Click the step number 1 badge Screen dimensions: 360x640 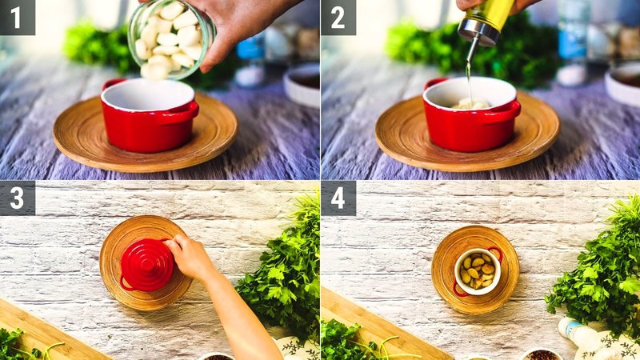click(17, 17)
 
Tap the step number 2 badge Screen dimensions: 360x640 click(338, 17)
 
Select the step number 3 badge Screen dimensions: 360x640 click(17, 198)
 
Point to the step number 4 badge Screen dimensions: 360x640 click(338, 198)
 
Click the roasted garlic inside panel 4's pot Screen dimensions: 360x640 click(478, 271)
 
